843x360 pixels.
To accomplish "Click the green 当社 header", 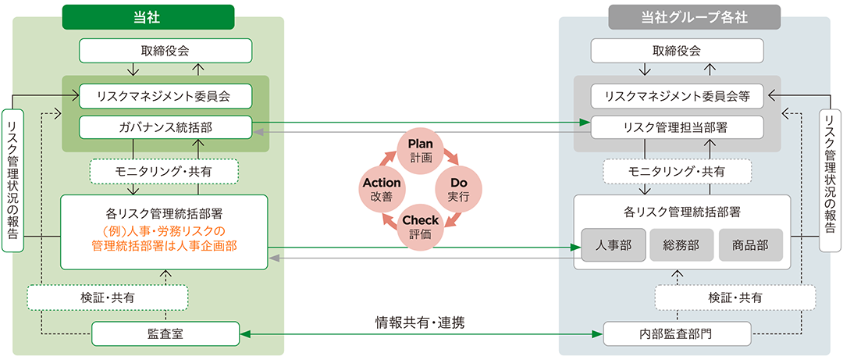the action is point(148,16).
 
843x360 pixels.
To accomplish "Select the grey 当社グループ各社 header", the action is point(694,16).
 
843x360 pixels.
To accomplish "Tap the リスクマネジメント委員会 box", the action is point(165,96).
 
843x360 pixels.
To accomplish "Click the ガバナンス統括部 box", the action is point(165,127).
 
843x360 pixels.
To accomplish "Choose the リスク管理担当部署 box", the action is point(677,127).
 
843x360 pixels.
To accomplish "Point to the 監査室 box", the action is point(165,333).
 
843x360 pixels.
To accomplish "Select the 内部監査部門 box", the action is point(677,333).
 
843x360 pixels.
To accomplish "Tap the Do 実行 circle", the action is point(458,189).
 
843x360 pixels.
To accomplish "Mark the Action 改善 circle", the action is point(382,189).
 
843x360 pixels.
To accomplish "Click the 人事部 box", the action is point(613,245).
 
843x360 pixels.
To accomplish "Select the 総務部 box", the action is point(681,245).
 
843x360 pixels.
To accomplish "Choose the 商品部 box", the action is point(750,245).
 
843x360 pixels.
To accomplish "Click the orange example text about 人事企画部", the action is point(164,238).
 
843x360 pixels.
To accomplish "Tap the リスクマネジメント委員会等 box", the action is point(677,96).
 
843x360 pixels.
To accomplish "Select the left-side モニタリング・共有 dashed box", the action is point(164,172).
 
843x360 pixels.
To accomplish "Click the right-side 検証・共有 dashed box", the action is point(735,297).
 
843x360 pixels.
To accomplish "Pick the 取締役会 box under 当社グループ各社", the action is point(677,51).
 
